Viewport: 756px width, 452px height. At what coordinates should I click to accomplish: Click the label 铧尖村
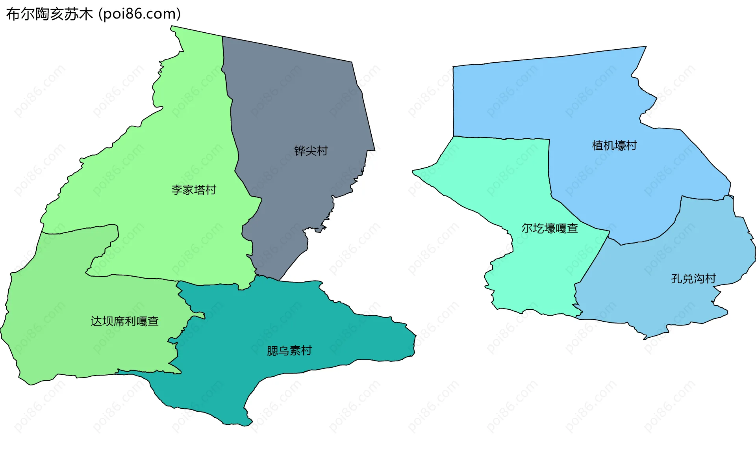pos(311,151)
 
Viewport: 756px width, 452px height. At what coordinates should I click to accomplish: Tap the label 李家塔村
pos(193,190)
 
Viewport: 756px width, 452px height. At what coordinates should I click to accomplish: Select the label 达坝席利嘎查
pos(124,321)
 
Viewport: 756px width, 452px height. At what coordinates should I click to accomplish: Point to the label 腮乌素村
pos(289,350)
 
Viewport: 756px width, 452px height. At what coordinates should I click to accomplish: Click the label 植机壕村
pos(614,145)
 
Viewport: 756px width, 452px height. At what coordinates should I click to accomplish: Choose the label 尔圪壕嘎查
pos(549,228)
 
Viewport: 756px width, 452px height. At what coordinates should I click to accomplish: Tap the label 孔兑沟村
pos(693,279)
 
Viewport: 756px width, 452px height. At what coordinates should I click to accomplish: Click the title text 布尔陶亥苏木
pos(50,14)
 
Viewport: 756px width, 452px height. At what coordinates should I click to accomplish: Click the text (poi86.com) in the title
pos(139,14)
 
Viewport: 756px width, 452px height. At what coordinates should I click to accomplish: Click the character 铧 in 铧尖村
pos(300,151)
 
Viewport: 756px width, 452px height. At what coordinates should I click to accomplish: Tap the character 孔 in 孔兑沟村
pos(676,279)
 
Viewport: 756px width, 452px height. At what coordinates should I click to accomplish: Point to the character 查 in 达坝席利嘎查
pos(153,321)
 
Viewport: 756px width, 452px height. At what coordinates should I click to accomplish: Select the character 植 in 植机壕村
pos(598,145)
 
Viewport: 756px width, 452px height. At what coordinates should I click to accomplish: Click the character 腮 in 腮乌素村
pos(272,350)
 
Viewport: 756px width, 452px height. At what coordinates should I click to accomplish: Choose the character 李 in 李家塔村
pos(177,190)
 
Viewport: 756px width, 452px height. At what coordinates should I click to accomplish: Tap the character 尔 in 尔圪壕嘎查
pos(527,228)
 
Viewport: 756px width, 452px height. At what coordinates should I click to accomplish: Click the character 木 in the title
pos(85,14)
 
